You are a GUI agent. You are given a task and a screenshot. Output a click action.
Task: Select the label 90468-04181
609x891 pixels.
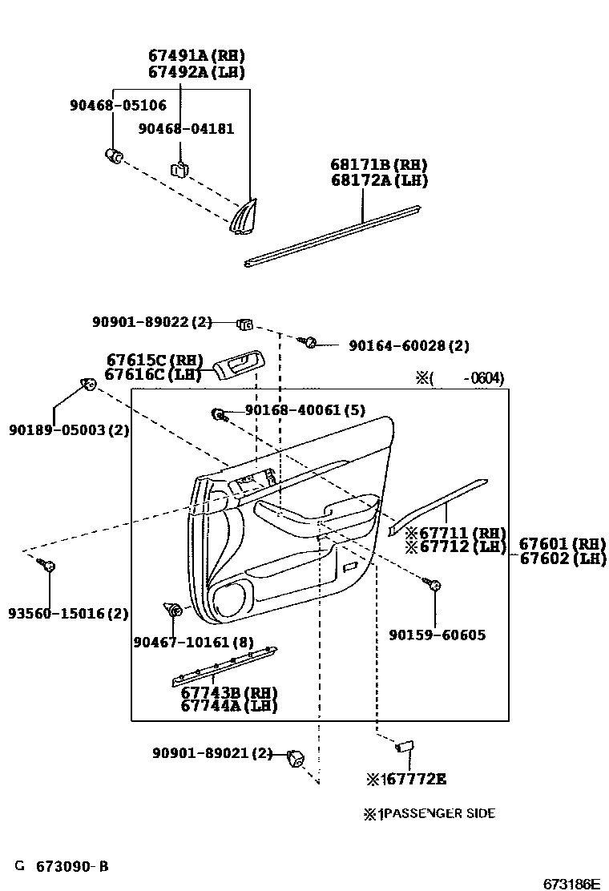pyautogui.click(x=186, y=129)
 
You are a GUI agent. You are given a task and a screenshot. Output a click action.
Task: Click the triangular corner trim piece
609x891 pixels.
pyautogui.click(x=243, y=216)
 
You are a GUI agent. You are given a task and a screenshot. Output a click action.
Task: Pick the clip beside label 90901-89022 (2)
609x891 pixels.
pyautogui.click(x=244, y=324)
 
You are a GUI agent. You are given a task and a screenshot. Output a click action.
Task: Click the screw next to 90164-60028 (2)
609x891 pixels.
pyautogui.click(x=310, y=343)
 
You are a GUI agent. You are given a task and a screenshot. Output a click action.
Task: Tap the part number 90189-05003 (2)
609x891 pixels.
pyautogui.click(x=69, y=430)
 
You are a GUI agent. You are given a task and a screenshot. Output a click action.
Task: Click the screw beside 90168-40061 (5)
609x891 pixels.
pyautogui.click(x=219, y=413)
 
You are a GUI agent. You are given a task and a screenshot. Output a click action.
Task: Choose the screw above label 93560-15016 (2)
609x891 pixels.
pyautogui.click(x=47, y=566)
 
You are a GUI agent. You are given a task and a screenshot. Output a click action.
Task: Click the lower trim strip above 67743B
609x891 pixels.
pyautogui.click(x=225, y=666)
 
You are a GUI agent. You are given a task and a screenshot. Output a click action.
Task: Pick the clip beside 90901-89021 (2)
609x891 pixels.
pyautogui.click(x=296, y=756)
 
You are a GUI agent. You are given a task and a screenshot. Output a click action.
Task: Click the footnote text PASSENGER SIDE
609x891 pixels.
pyautogui.click(x=438, y=813)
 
